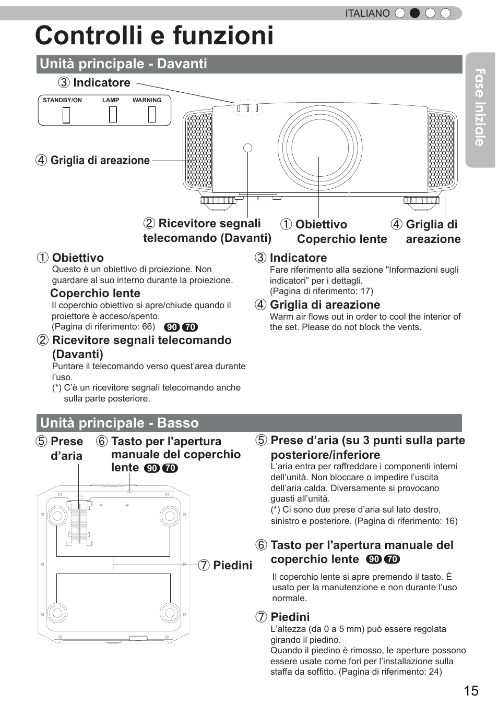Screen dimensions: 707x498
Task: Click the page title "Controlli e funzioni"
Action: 155,36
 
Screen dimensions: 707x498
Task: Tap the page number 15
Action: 470,690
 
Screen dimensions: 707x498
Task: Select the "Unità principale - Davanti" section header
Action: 124,64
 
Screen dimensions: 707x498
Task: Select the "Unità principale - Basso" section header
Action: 120,423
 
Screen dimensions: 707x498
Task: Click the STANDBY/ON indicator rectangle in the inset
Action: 66,114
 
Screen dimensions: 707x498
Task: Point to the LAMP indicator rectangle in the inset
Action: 113,114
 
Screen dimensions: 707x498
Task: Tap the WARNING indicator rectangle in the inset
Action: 152,114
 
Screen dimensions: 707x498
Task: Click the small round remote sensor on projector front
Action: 248,148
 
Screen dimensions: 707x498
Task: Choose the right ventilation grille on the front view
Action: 441,150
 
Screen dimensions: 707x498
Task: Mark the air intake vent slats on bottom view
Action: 80,523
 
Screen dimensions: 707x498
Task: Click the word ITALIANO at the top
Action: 367,14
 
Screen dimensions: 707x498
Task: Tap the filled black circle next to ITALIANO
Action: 414,14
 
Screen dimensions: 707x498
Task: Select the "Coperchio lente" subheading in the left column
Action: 95,294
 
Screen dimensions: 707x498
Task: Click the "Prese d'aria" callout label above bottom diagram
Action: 66,448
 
